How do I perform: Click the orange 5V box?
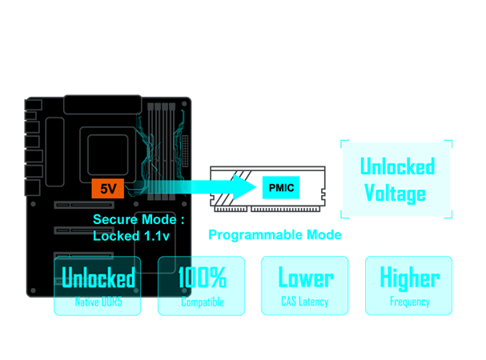pos(108,189)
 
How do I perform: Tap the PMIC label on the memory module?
pos(280,188)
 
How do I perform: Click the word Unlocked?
pos(98,278)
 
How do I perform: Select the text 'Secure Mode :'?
pos(139,219)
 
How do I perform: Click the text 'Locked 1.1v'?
pos(131,235)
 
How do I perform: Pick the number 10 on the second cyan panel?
pos(185,278)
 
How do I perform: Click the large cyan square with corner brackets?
pos(396,179)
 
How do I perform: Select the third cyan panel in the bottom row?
pos(304,286)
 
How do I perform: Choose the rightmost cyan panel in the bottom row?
pos(408,286)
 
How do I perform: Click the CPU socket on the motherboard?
pos(110,151)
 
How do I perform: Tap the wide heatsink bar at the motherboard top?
pos(101,104)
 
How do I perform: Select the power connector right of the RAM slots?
pos(186,149)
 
